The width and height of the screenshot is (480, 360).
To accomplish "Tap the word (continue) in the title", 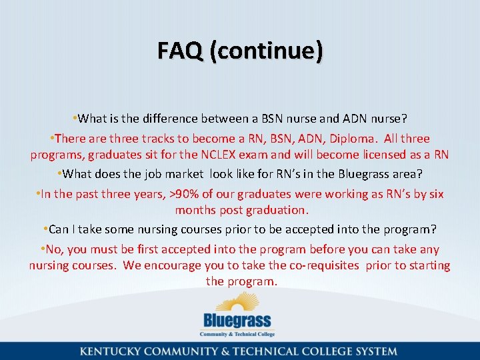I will [266, 50].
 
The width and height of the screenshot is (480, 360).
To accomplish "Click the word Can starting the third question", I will [59, 229].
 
